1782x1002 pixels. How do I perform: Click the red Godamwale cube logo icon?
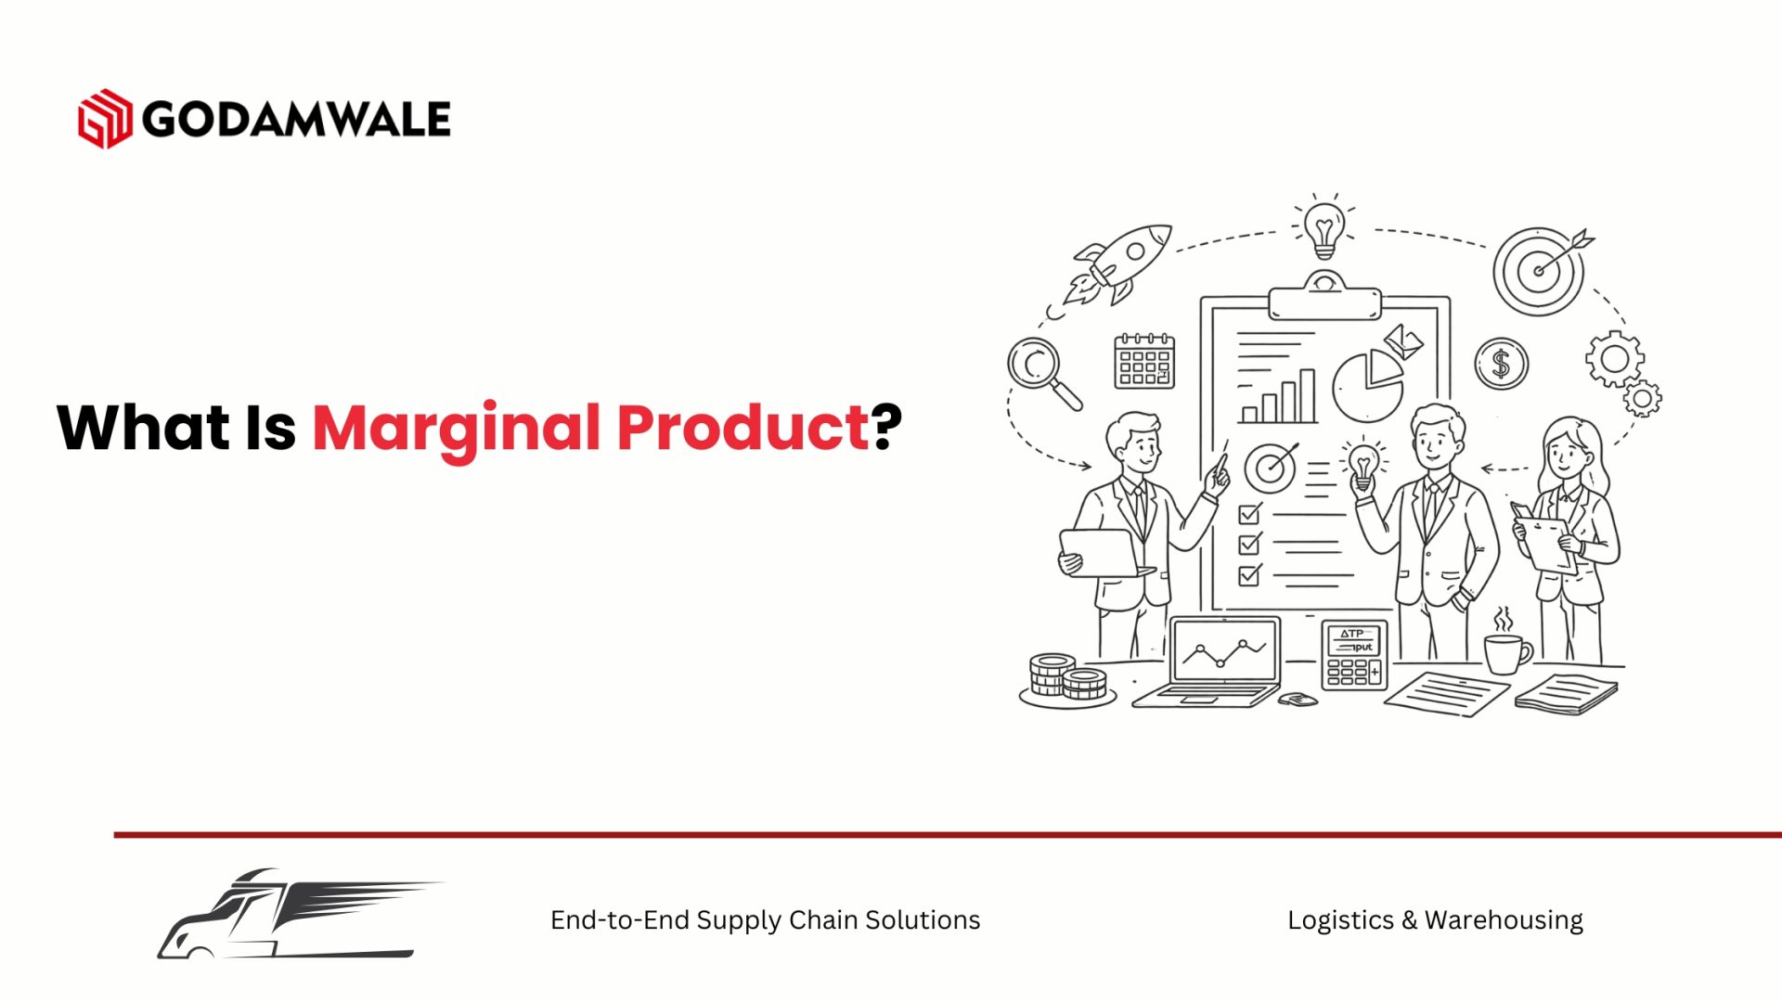pos(105,119)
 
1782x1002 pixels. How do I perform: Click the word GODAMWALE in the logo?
pos(297,120)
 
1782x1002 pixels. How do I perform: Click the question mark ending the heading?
pos(887,427)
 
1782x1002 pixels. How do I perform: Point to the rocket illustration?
pos(1118,263)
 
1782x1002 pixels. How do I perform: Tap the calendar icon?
pos(1144,360)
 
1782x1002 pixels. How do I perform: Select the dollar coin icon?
pos(1501,364)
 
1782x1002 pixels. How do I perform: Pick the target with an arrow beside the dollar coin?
pos(1542,270)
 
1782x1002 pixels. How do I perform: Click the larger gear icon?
pos(1615,358)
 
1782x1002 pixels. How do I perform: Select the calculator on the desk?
pos(1354,655)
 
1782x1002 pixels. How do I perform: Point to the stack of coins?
pos(1067,680)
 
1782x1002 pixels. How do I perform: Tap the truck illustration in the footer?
pos(299,914)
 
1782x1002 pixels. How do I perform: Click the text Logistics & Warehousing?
pos(1435,920)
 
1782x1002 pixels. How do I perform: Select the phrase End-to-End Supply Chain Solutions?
pos(765,920)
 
